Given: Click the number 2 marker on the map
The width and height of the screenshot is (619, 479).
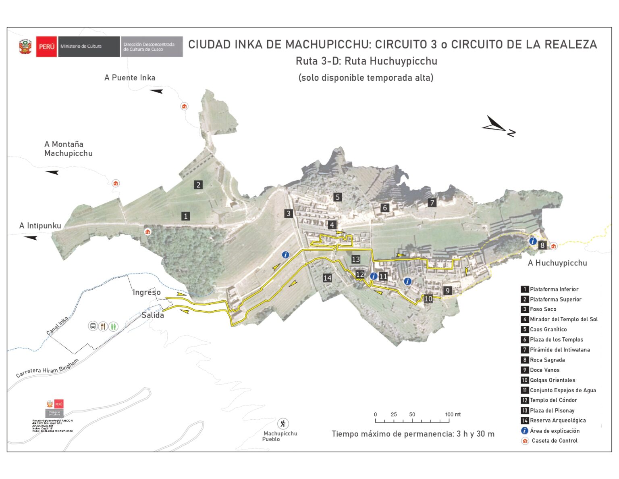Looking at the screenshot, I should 198,185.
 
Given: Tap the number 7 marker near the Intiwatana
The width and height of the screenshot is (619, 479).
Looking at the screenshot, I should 432,203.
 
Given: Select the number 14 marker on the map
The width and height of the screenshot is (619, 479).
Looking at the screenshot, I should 327,278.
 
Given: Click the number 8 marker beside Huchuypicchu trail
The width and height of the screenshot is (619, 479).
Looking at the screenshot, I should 542,245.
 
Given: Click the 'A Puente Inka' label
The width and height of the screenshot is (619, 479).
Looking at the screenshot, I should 130,77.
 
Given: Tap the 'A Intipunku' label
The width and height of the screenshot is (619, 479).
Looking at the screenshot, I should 40,226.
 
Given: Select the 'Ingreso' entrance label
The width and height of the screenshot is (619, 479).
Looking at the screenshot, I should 147,292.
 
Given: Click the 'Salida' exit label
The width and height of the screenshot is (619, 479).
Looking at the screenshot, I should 153,315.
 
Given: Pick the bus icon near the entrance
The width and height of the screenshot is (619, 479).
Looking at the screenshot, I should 93,326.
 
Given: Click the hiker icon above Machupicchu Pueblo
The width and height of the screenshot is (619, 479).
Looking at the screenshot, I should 283,424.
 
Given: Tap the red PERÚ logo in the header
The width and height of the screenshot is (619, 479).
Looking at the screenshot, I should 46,46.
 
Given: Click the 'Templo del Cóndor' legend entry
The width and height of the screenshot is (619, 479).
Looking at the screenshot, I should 553,400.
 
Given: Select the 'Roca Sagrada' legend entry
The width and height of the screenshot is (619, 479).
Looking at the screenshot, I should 547,360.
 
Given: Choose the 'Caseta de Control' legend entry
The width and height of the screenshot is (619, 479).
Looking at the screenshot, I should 554,441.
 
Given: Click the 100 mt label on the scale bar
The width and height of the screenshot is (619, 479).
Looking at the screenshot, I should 453,414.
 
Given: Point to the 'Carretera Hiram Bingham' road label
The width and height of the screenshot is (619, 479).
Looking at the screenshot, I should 47,368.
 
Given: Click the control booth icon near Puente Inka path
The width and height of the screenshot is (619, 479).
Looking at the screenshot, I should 184,106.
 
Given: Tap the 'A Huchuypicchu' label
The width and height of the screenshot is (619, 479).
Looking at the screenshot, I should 557,263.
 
